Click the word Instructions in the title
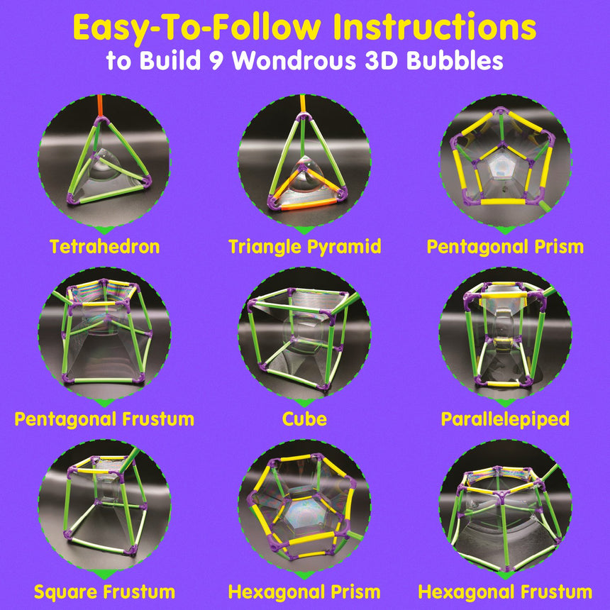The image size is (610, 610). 435,26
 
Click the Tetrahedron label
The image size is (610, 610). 105,247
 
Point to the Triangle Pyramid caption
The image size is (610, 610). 304,247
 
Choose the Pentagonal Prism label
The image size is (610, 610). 505,247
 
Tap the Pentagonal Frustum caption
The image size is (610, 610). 104,419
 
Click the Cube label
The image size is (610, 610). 304,419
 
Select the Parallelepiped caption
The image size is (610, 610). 505,419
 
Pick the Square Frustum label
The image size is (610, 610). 104,592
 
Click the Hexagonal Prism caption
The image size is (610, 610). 304,592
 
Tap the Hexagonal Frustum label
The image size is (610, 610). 505,592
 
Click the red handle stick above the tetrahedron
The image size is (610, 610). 101,105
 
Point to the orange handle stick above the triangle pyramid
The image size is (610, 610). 303,104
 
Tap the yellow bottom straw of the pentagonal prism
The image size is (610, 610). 505,201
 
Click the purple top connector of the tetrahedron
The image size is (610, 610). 101,121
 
